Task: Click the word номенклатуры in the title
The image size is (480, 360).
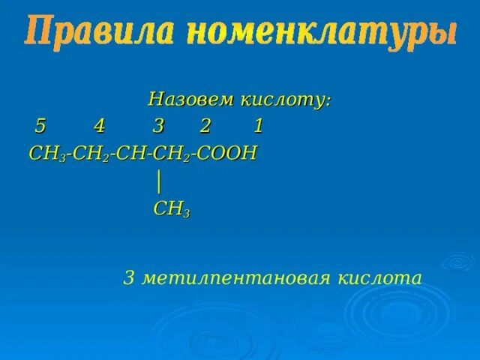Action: [x=320, y=34]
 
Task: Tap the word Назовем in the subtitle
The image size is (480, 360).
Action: [x=192, y=100]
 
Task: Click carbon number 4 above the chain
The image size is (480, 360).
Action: [x=99, y=126]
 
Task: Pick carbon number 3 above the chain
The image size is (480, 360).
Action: [x=157, y=126]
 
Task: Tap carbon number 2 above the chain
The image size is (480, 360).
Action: [x=205, y=126]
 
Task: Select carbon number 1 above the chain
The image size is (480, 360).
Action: [x=258, y=126]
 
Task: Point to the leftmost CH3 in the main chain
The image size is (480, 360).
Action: [x=44, y=154]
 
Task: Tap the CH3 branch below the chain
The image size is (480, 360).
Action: [x=171, y=210]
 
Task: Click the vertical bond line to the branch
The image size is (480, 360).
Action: [x=159, y=181]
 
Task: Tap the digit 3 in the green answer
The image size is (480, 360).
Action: [x=128, y=278]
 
